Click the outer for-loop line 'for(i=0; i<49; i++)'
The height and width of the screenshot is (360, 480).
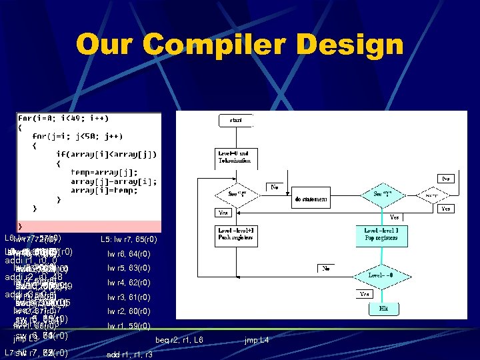pyautogui.click(x=63, y=118)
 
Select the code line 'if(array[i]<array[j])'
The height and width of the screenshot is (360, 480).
pyautogui.click(x=107, y=154)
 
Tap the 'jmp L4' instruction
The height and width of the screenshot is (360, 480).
pyautogui.click(x=256, y=341)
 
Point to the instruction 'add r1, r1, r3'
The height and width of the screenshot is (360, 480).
pyautogui.click(x=129, y=355)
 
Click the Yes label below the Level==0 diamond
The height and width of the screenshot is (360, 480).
pyautogui.click(x=365, y=294)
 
